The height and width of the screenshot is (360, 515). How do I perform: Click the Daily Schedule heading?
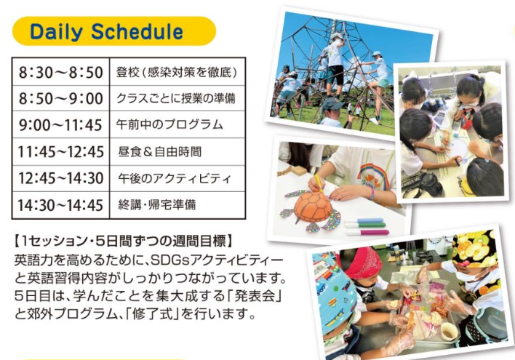pos(106,32)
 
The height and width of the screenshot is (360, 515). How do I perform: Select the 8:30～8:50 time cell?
pos(60,72)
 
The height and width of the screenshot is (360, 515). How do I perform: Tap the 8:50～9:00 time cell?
pos(60,98)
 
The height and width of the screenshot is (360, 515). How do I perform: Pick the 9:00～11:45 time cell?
pos(60,125)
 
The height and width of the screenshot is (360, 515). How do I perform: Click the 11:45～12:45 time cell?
pos(60,152)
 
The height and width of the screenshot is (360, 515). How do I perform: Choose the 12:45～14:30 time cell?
pos(60,178)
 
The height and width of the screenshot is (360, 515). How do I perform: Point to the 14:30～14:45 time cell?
pos(60,205)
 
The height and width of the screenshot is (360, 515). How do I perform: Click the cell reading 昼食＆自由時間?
pos(177,152)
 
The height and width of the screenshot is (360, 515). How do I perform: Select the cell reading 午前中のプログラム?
pos(177,125)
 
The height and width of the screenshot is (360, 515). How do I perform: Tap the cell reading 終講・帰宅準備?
pos(177,205)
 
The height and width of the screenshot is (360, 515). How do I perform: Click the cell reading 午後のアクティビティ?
pos(177,178)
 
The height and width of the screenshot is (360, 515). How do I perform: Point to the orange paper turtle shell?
pos(312,207)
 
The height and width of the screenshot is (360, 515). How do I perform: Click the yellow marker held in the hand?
pos(319,183)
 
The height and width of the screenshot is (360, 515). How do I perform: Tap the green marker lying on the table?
pos(365,225)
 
